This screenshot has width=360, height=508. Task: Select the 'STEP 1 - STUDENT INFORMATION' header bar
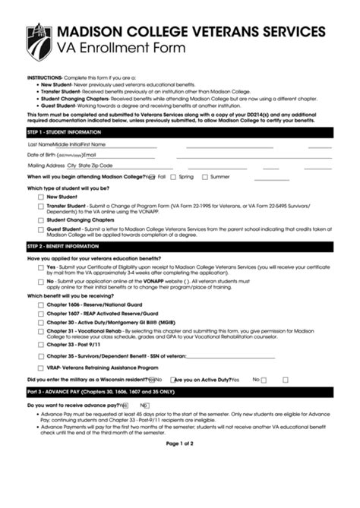pyautogui.click(x=179, y=131)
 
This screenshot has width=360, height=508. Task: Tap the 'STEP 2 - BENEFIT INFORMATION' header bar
pyautogui.click(x=179, y=247)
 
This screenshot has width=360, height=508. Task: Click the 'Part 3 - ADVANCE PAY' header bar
pyautogui.click(x=179, y=391)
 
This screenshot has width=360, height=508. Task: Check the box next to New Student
pyautogui.click(x=40, y=197)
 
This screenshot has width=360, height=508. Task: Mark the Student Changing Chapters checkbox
pyautogui.click(x=40, y=219)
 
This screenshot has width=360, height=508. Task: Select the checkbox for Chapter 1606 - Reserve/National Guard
pyautogui.click(x=40, y=304)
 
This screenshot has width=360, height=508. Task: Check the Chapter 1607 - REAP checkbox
pyautogui.click(x=40, y=313)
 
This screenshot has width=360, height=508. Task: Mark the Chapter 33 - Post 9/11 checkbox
pyautogui.click(x=40, y=344)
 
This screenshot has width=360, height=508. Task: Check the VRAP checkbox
pyautogui.click(x=40, y=367)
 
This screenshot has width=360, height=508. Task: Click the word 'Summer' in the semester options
pyautogui.click(x=219, y=176)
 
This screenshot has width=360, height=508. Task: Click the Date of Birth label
pyautogui.click(x=46, y=154)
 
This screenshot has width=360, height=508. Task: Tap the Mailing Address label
pyautogui.click(x=46, y=165)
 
